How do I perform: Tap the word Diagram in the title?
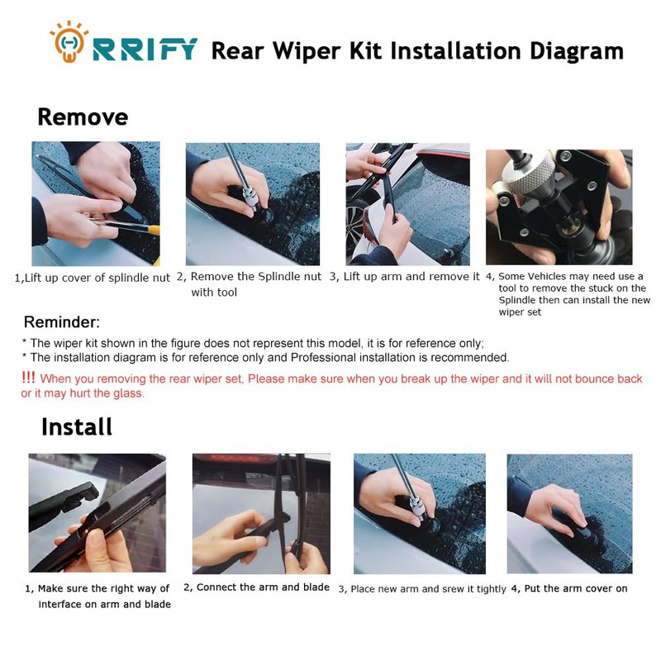pos(576,51)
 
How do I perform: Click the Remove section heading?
pos(83,117)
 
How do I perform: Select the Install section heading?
pos(77,426)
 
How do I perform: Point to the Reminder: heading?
pos(62,322)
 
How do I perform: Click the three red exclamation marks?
pos(28,378)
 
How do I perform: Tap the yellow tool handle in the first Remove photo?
pos(154,231)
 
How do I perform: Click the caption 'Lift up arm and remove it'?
pos(411,277)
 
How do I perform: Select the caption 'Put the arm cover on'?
pos(575,588)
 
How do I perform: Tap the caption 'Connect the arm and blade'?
pos(263,587)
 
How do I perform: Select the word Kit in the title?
pos(365,51)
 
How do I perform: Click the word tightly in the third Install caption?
pos(491,589)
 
